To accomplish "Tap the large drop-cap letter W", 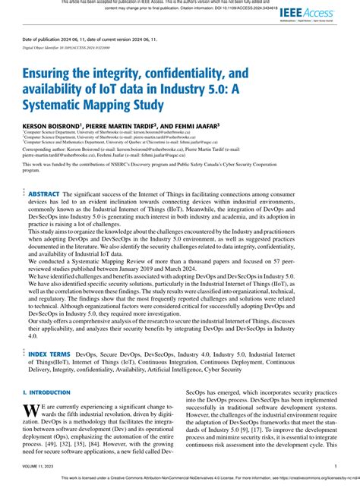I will point(30,411).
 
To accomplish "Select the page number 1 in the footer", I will point(335,467).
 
